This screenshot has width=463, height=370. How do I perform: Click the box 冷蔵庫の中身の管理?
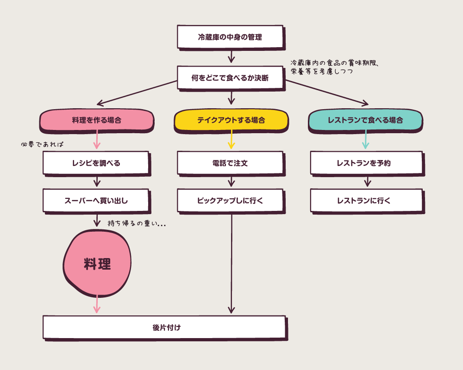pyautogui.click(x=230, y=37)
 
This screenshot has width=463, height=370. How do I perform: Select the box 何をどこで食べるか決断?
pyautogui.click(x=230, y=78)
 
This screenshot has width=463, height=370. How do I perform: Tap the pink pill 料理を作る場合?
pyautogui.click(x=96, y=120)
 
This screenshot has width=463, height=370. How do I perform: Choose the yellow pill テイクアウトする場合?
pyautogui.click(x=231, y=120)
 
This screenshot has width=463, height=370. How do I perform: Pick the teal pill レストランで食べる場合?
pyautogui.click(x=365, y=120)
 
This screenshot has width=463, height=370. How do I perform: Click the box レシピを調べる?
pyautogui.click(x=96, y=163)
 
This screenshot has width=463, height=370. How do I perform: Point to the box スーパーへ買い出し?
pyautogui.click(x=96, y=200)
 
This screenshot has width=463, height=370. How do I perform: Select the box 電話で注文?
pyautogui.click(x=230, y=163)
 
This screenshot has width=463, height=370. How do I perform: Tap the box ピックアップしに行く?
pyautogui.click(x=230, y=200)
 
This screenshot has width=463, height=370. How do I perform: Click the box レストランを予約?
pyautogui.click(x=366, y=163)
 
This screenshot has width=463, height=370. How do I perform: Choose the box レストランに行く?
pyautogui.click(x=366, y=200)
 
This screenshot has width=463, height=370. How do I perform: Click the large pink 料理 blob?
pyautogui.click(x=97, y=264)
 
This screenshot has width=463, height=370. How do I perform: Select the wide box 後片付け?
pyautogui.click(x=164, y=327)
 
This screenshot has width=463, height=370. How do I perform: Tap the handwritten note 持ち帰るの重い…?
pyautogui.click(x=137, y=223)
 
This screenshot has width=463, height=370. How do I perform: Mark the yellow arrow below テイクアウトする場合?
pyautogui.click(x=231, y=140)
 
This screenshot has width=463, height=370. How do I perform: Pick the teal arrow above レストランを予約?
pyautogui.click(x=365, y=140)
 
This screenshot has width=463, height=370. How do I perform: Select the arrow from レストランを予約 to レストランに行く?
pyautogui.click(x=367, y=181)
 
